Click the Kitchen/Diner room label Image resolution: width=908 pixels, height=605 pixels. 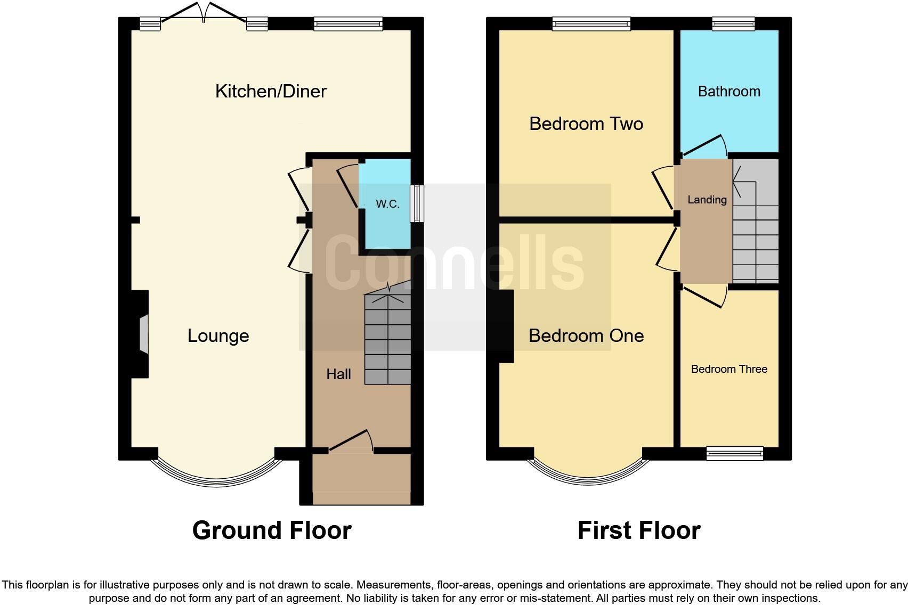click(271, 92)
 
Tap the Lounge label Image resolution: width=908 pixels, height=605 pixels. click(218, 336)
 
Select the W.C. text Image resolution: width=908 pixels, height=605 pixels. click(387, 204)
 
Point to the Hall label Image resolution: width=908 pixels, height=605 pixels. click(338, 374)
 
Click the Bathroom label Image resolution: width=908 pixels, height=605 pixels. click(729, 92)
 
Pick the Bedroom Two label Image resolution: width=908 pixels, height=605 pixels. click(586, 124)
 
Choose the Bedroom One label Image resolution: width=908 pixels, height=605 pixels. click(586, 336)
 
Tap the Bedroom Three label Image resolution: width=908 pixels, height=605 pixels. click(729, 369)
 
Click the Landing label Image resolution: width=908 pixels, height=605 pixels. click(707, 200)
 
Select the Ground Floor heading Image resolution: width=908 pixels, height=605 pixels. click(272, 530)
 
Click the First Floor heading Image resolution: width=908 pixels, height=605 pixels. click(639, 530)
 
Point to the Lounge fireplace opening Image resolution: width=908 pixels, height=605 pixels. click(144, 334)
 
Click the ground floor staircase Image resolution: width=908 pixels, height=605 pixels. click(388, 333)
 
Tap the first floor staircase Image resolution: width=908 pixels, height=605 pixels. click(756, 221)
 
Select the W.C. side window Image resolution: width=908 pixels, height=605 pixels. click(417, 204)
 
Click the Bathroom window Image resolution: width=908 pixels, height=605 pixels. click(734, 24)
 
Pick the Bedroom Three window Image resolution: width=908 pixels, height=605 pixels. click(735, 453)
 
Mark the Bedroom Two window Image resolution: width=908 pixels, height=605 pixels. click(591, 24)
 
